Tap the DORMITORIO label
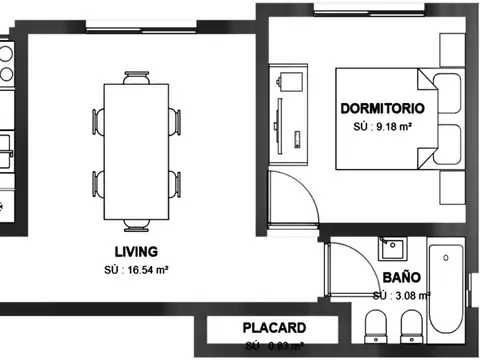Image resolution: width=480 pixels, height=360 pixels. tap(383, 108)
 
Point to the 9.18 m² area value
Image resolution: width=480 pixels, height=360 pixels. tap(384, 128)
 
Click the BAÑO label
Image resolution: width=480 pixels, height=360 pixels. tap(400, 277)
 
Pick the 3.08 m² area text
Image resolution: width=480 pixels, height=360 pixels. tap(401, 296)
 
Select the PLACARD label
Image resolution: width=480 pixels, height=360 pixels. tap(274, 328)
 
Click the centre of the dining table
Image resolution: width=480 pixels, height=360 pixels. tap(138, 152)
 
